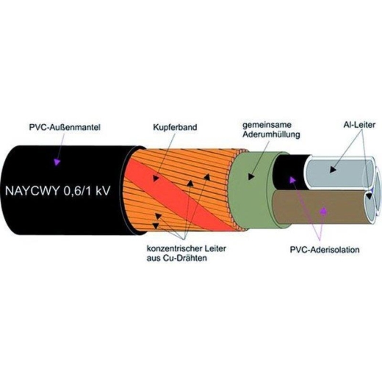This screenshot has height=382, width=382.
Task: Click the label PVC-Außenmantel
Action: (65, 128)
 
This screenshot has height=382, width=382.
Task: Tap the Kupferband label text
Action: (175, 127)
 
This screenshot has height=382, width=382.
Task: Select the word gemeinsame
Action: (267, 125)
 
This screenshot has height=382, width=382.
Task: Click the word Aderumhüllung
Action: (271, 134)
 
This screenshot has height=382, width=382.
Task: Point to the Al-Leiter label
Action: (359, 125)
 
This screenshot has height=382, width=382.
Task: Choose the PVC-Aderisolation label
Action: (325, 250)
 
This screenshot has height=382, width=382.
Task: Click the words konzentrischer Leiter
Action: (187, 248)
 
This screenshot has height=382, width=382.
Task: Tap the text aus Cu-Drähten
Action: (177, 258)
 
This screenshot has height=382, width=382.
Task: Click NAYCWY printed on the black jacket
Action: (32, 191)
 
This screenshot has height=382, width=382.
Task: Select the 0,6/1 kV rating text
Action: (87, 191)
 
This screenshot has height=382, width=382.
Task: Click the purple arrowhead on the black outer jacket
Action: (57, 162)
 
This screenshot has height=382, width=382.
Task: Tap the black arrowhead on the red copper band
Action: (156, 178)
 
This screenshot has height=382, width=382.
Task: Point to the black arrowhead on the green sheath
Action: (251, 176)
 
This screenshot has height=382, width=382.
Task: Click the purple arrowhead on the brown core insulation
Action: (324, 211)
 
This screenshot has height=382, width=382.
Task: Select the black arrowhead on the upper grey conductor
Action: (333, 169)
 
